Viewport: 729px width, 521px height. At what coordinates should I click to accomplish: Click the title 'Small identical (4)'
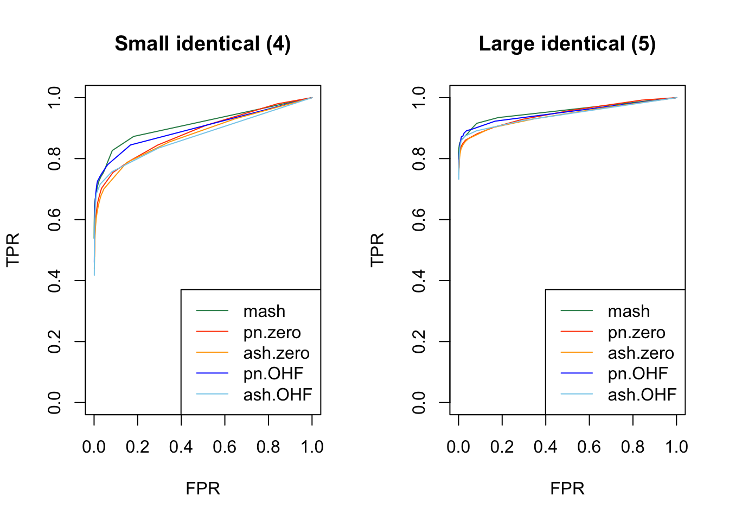tap(203, 44)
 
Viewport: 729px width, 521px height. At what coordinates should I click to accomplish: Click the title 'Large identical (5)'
tap(567, 44)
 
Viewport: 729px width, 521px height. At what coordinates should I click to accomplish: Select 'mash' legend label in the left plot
tap(264, 312)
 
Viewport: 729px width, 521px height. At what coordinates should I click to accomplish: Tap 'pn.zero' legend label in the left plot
tap(272, 332)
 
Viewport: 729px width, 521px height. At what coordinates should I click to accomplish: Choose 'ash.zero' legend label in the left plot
tap(276, 353)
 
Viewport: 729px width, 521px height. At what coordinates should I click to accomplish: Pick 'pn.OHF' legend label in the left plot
tap(273, 374)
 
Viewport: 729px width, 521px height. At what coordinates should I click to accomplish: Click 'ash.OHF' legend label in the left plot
tap(277, 395)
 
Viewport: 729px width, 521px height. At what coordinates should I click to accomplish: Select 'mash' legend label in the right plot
tap(629, 312)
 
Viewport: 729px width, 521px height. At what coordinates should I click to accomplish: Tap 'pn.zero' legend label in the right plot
tap(636, 332)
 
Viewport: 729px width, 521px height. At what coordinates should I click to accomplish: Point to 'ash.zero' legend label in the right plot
tap(641, 353)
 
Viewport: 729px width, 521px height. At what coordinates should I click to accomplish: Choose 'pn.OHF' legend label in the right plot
tap(637, 374)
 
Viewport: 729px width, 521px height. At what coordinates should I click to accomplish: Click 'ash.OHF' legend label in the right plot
tap(642, 395)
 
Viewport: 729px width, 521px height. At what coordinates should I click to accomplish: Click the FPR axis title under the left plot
tap(203, 488)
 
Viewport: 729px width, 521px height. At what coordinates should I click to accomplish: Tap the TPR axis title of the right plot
tap(377, 250)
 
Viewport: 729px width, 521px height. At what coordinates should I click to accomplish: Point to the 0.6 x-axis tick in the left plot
tap(225, 447)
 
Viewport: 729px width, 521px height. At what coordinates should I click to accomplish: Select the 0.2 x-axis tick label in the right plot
tap(502, 447)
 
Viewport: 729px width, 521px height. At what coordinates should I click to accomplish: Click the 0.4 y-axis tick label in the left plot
tap(54, 281)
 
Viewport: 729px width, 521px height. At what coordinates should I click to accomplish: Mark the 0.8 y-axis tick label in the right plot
tap(419, 158)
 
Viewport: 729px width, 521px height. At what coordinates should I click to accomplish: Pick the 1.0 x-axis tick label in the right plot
tap(676, 447)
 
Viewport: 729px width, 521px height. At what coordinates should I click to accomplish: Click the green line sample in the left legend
tap(212, 311)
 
